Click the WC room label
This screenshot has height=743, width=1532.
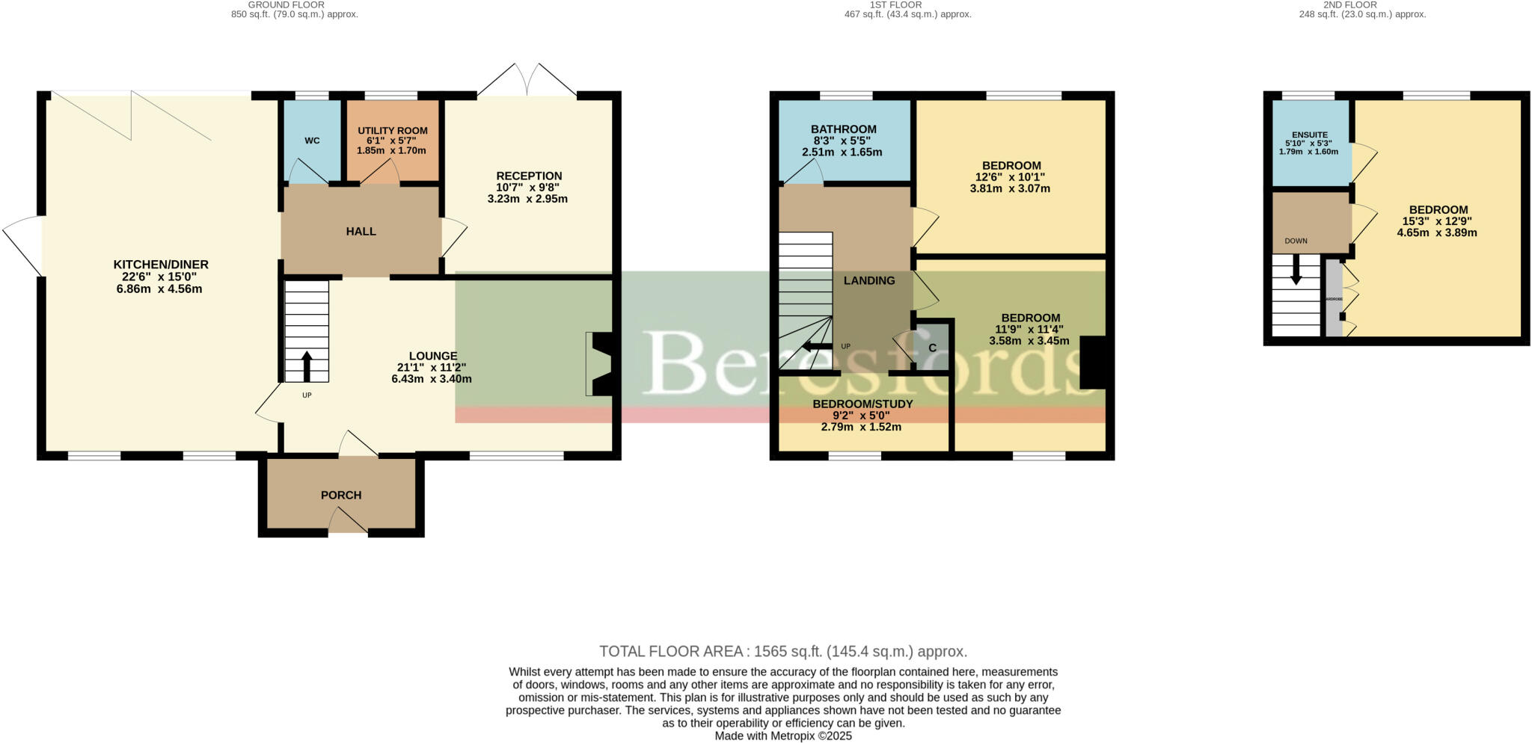(312, 141)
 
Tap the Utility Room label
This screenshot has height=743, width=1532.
(392, 130)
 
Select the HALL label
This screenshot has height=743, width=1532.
(361, 232)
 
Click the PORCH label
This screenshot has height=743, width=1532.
(341, 495)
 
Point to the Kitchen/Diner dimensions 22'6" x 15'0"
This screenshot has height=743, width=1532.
(159, 277)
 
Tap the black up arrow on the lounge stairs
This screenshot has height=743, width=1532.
(307, 366)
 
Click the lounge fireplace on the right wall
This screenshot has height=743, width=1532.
(601, 363)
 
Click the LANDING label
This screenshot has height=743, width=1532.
(869, 280)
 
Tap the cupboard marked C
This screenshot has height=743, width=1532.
(932, 348)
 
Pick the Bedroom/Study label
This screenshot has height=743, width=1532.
(862, 404)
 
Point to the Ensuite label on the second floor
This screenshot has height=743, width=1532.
(1310, 135)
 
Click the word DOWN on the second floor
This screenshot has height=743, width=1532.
(1296, 241)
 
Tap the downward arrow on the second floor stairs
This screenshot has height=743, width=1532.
(1296, 271)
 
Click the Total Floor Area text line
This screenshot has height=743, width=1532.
(783, 651)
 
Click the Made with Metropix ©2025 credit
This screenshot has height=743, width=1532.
(783, 736)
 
